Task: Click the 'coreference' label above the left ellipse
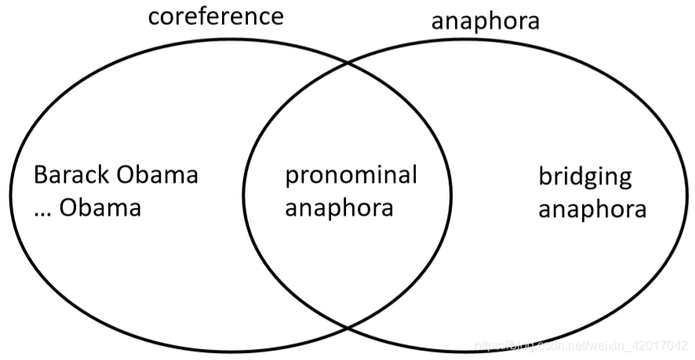tap(216, 16)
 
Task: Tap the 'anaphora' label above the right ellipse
tap(486, 20)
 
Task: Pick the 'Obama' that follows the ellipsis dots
tap(102, 208)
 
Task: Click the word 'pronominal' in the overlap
tap(351, 176)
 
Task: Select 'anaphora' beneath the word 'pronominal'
tap(339, 209)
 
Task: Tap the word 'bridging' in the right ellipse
tap(584, 176)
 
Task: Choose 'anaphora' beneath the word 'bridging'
tap(592, 209)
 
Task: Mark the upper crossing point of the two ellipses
tap(347, 62)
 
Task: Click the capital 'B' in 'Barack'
tap(40, 174)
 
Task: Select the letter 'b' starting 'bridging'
tap(544, 175)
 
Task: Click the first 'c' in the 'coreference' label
tap(155, 17)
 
